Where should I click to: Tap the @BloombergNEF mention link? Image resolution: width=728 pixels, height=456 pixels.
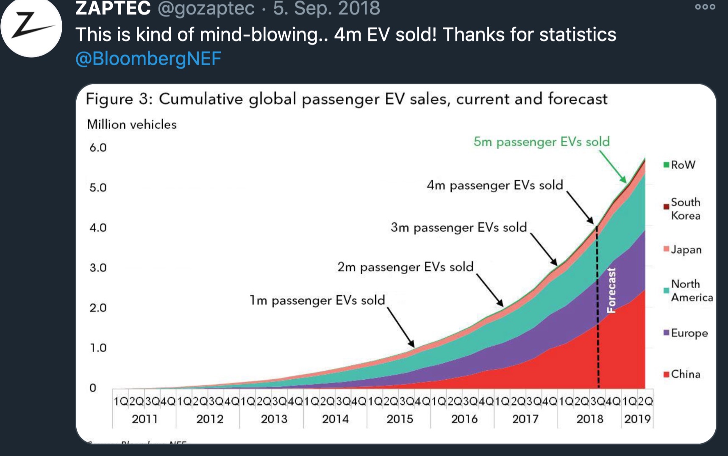(148, 58)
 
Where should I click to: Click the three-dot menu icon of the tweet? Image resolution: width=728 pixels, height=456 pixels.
(705, 7)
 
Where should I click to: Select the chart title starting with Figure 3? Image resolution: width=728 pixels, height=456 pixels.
(346, 99)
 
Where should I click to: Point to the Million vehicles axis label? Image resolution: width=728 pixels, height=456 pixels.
(131, 125)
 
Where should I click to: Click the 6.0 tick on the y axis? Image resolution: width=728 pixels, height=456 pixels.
(98, 148)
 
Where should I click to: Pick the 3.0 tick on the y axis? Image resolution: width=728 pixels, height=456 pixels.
(98, 268)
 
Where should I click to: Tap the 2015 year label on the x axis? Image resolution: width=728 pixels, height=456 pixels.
(400, 419)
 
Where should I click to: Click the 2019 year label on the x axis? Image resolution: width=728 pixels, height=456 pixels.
(637, 419)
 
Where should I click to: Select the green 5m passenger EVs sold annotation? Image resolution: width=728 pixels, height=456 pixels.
(542, 142)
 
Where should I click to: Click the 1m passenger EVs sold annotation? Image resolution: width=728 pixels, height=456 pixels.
(317, 300)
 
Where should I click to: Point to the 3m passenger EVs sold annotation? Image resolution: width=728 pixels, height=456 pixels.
(458, 228)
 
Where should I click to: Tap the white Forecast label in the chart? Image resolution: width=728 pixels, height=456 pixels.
(611, 290)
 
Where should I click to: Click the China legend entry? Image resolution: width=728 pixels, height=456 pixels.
(685, 374)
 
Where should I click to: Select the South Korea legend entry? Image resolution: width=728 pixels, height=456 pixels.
(685, 209)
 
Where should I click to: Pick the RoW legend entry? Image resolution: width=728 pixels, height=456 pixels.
(682, 165)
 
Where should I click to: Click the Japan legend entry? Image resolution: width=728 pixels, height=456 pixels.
(686, 250)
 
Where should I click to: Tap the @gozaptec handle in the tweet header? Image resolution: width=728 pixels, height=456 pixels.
(206, 8)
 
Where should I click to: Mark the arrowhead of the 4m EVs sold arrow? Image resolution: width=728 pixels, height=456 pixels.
(592, 222)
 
